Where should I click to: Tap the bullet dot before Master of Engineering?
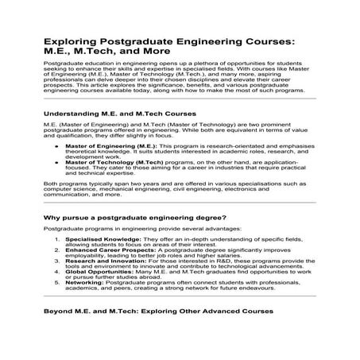(x=56, y=147)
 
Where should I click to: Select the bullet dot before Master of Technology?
(x=56, y=162)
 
